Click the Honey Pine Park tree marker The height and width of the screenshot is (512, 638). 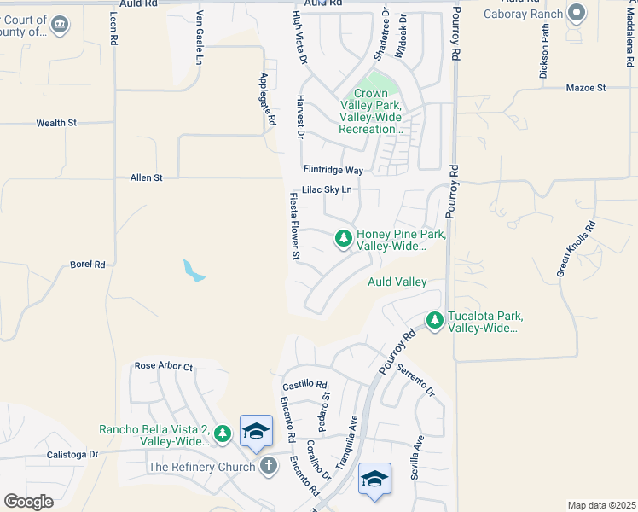(x=344, y=239)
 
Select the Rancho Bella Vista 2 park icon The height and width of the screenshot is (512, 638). (x=223, y=434)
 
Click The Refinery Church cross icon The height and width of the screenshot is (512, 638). (x=269, y=466)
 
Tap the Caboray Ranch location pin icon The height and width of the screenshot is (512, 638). (x=577, y=13)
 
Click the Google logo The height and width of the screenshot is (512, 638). (x=28, y=502)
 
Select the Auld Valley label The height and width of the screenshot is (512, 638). (x=397, y=282)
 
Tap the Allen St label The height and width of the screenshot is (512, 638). (x=146, y=177)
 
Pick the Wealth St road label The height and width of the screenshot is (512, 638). (x=56, y=123)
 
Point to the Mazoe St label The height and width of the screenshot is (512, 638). (x=585, y=88)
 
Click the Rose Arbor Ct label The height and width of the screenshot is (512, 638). (x=164, y=366)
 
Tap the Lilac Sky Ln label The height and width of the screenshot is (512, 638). (x=327, y=190)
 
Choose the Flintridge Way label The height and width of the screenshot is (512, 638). (x=333, y=170)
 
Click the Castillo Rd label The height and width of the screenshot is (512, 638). (x=305, y=385)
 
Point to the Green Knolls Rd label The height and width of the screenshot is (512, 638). (x=577, y=249)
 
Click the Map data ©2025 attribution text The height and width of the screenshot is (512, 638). (x=600, y=505)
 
